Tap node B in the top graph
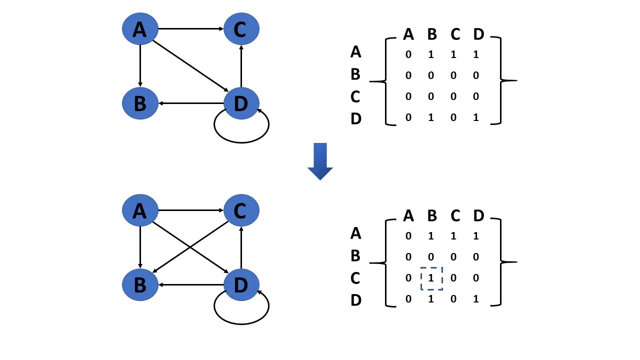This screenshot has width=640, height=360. tap(140, 103)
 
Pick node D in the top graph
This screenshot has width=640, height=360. tap(241, 103)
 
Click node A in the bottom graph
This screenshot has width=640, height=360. tap(140, 210)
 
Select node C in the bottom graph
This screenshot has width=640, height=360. tap(241, 210)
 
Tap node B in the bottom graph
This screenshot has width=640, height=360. tap(140, 285)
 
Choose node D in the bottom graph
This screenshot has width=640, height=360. tap(241, 285)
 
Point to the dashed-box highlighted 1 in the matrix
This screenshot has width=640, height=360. tap(431, 278)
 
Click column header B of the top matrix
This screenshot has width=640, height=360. tap(432, 34)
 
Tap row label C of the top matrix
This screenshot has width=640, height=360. tap(355, 96)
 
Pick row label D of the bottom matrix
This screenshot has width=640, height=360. tap(355, 300)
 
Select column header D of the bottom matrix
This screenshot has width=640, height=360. tap(478, 216)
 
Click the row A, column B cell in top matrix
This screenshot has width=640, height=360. tap(431, 54)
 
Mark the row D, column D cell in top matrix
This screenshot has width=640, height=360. tap(476, 117)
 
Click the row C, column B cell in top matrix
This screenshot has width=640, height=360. tap(431, 96)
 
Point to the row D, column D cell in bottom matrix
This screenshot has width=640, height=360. tap(476, 299)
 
